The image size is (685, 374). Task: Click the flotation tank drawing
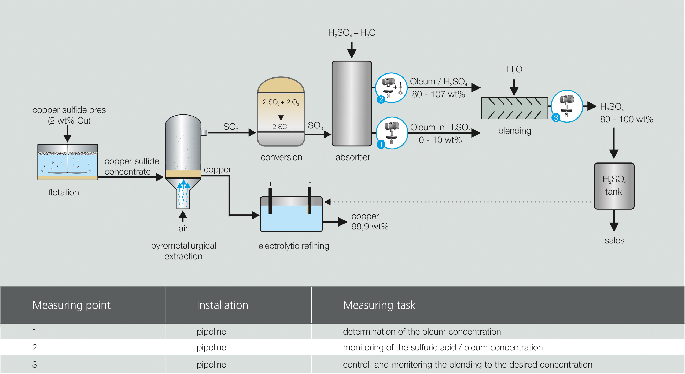(x=68, y=162)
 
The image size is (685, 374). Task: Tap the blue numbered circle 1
(x=381, y=145)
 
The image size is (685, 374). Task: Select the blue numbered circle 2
(x=381, y=100)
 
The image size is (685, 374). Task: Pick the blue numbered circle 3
(x=556, y=118)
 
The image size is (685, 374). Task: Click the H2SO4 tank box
(x=614, y=186)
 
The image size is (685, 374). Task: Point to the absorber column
(x=352, y=103)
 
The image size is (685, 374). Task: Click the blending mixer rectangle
(x=514, y=108)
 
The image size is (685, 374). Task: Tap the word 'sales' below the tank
(x=614, y=240)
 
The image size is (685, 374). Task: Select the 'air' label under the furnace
(x=183, y=228)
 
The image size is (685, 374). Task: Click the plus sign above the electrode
(x=270, y=184)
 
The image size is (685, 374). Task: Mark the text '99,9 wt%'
(x=370, y=227)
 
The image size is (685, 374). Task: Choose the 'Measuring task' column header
(x=379, y=305)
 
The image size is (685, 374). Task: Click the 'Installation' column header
(x=222, y=305)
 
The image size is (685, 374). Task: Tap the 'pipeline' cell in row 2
(x=211, y=347)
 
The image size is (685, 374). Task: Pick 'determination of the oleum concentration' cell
(x=422, y=332)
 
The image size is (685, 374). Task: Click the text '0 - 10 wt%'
(x=440, y=140)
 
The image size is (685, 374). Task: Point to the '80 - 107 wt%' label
(x=438, y=94)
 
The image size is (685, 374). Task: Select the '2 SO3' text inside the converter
(x=281, y=127)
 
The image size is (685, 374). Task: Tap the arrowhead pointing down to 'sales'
(x=614, y=227)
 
